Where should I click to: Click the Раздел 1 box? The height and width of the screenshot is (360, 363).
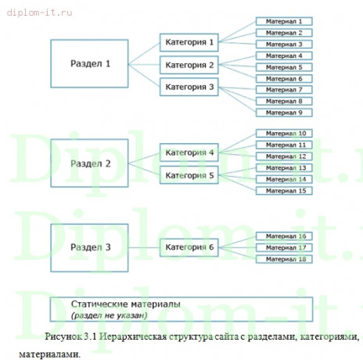(88, 63)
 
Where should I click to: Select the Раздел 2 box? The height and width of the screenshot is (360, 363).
(88, 164)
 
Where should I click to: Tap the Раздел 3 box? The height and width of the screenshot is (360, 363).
(88, 247)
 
